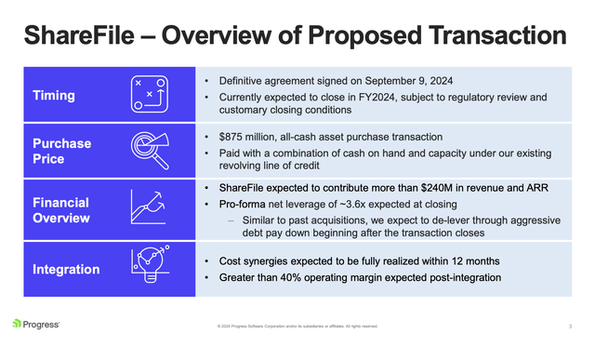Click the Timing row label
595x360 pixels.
pos(54,95)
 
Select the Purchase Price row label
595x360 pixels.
pos(61,152)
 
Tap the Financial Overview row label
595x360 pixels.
pos(61,210)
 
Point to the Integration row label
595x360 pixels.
pos(67,270)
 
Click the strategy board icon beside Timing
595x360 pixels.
pos(150,95)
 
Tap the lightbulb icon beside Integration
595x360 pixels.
pos(151,268)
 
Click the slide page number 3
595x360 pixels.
pos(569,326)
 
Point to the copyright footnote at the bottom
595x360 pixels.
pos(297,326)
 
